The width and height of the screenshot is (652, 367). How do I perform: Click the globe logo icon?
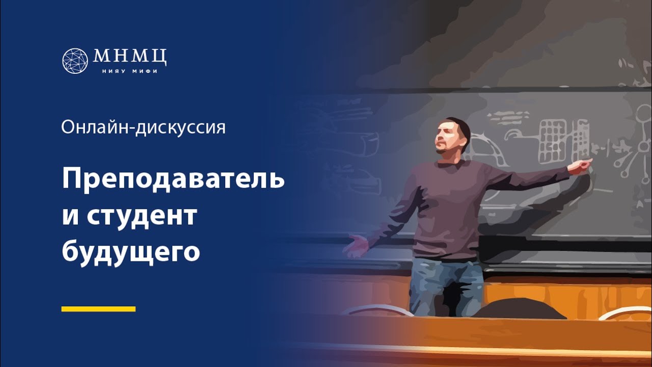tap(75, 61)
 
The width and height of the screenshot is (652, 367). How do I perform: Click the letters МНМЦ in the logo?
tap(130, 56)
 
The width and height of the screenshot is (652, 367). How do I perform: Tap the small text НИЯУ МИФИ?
tap(130, 71)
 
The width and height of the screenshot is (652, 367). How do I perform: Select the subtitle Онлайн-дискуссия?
tap(143, 127)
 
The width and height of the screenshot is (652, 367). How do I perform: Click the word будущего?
tap(130, 252)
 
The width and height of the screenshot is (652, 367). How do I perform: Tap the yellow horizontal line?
tap(98, 309)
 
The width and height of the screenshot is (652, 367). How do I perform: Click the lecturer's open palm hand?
tap(357, 246)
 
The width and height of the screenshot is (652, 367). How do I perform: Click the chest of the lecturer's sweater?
tap(448, 189)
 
